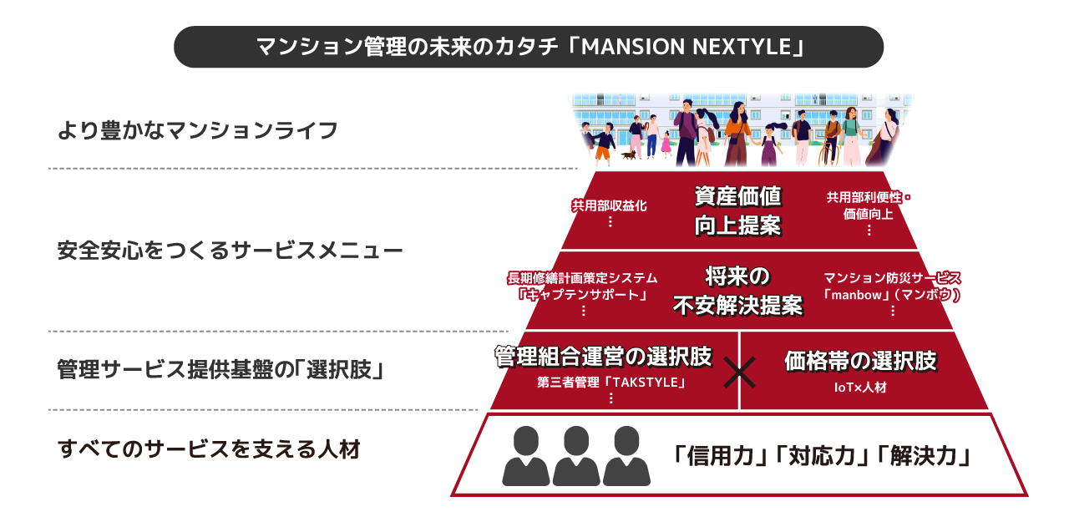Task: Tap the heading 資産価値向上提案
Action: [738, 210]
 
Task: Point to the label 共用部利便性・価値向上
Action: [869, 205]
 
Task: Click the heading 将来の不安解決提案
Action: [737, 291]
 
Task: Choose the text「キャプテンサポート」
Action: [582, 294]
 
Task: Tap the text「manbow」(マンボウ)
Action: [892, 294]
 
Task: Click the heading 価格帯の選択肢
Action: [860, 361]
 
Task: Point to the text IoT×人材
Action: [860, 388]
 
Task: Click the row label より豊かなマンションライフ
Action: [197, 130]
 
